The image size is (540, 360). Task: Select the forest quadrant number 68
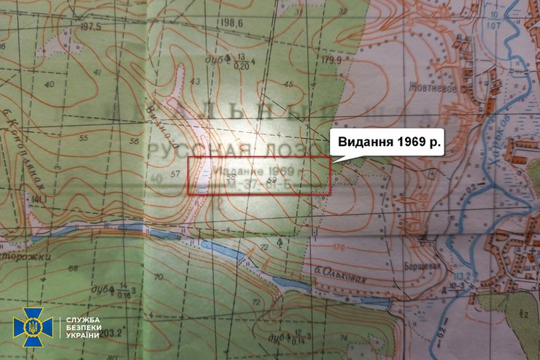coord(73,269)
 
